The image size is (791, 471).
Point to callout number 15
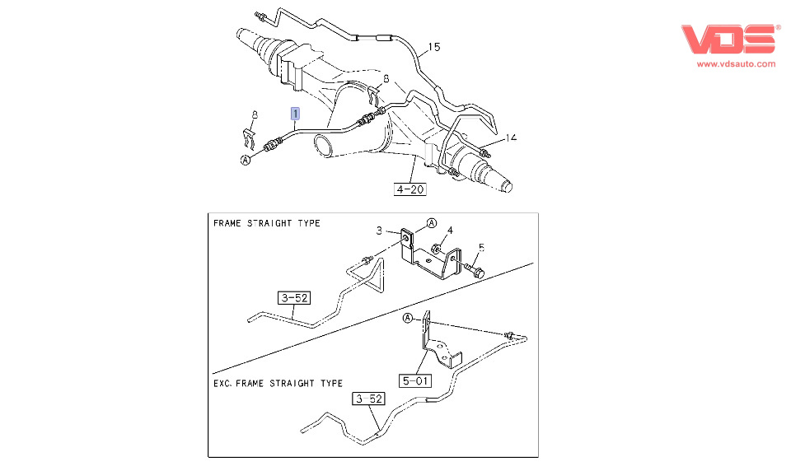tap(434, 47)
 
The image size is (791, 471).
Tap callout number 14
tap(511, 138)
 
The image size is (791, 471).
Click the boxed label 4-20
tap(410, 189)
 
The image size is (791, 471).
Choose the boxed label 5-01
tap(417, 381)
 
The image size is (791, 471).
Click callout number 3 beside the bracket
tap(380, 231)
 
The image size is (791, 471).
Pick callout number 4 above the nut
tap(449, 230)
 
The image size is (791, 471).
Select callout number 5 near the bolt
tap(482, 246)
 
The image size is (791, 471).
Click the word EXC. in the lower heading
tap(225, 383)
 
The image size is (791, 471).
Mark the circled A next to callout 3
tap(432, 223)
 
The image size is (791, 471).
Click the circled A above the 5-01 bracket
tap(407, 318)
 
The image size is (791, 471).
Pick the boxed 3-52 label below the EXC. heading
tap(369, 399)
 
